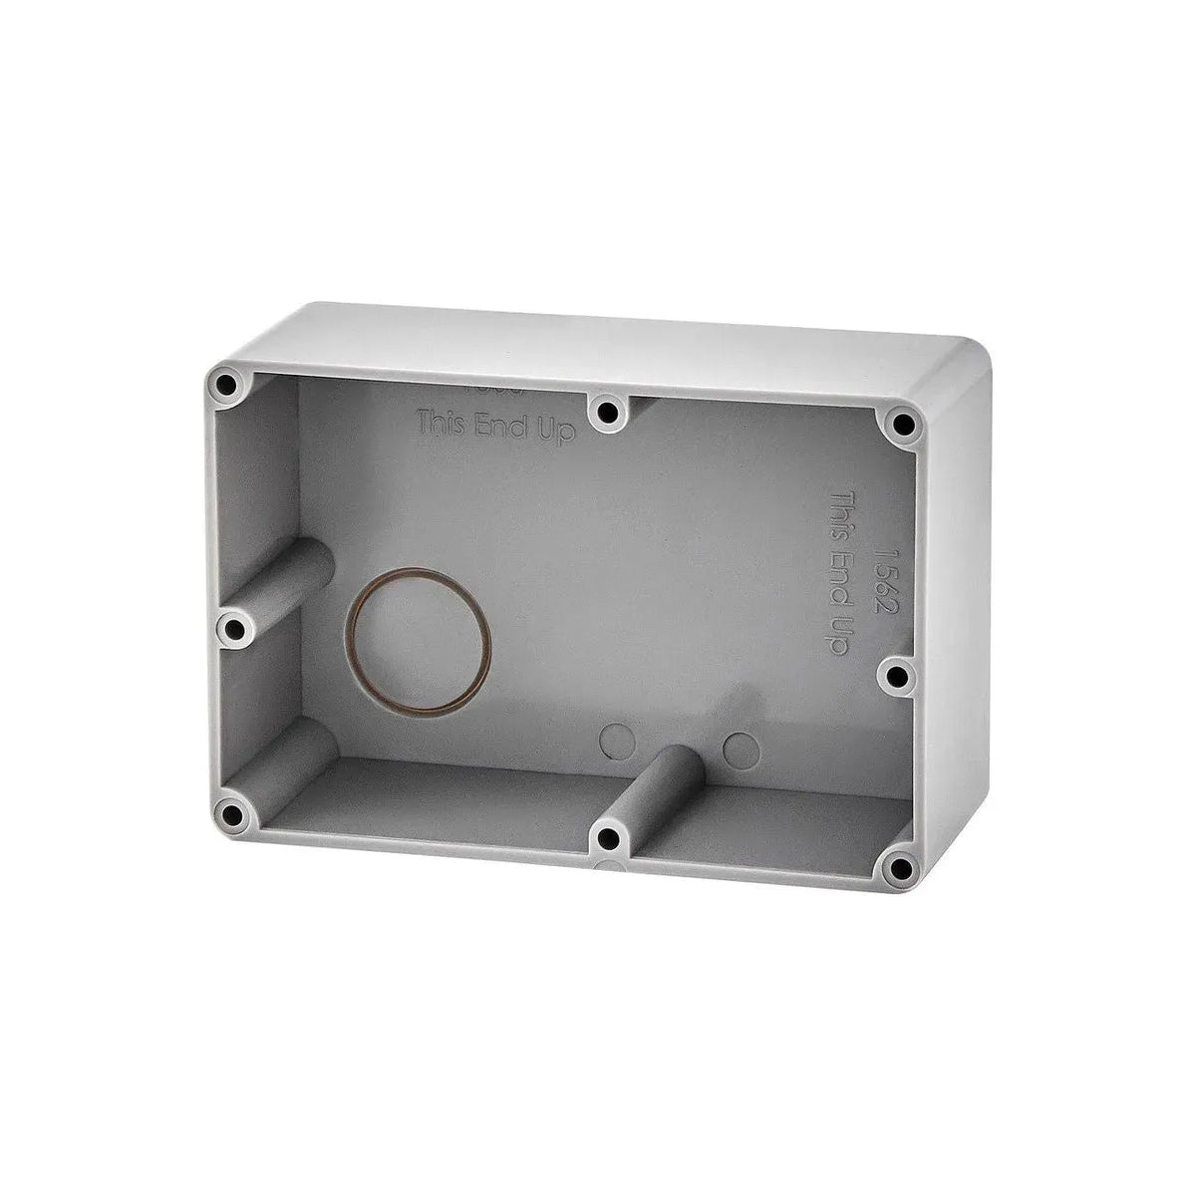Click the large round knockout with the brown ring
click(420, 641)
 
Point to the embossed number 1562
click(880, 578)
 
